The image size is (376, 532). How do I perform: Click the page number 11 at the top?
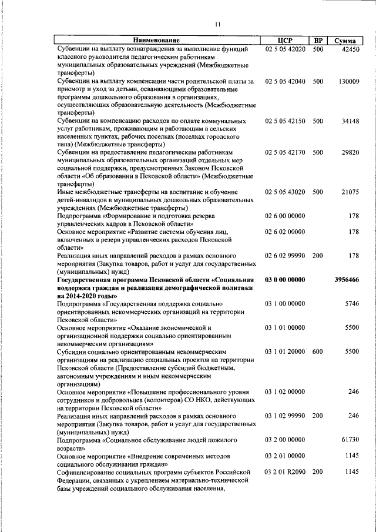[217, 24]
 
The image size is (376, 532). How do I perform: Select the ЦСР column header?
[285, 41]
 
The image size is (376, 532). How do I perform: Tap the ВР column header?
[318, 41]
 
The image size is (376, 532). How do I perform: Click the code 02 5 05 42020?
[285, 49]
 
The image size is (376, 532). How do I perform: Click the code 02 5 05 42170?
[285, 152]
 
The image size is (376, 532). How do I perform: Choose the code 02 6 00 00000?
[285, 216]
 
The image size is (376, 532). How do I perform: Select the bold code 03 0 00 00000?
[285, 280]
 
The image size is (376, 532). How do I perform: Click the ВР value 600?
[318, 352]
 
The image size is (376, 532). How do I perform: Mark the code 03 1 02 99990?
[285, 416]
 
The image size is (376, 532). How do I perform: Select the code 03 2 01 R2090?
[285, 472]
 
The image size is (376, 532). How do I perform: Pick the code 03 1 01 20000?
[285, 352]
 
